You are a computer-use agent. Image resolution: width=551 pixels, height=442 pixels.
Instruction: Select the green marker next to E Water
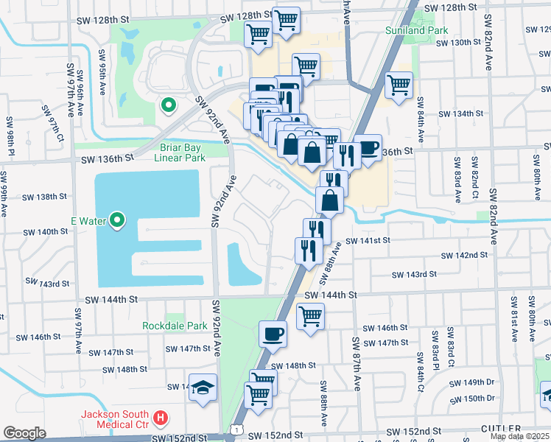[116, 220]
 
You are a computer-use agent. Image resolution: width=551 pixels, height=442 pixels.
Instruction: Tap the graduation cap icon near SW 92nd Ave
[202, 387]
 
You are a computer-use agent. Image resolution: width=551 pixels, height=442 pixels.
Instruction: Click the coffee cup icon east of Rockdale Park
[273, 334]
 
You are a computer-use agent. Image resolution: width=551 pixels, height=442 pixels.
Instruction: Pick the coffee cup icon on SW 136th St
[368, 147]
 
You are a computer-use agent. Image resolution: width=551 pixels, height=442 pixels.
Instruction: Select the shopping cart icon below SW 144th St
[310, 316]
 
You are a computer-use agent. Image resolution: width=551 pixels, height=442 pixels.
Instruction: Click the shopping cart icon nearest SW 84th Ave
[399, 83]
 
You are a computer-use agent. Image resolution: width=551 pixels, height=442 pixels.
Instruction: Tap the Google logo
[24, 433]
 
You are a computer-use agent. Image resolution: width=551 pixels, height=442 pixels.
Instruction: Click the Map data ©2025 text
[520, 436]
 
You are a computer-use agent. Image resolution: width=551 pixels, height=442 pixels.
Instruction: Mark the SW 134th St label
[461, 114]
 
